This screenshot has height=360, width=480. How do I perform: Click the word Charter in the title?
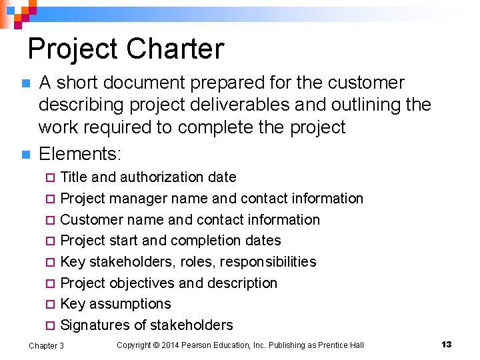tap(175, 49)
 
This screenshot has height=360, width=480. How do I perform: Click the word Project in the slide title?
tap(73, 49)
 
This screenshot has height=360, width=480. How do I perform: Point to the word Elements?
tap(80, 155)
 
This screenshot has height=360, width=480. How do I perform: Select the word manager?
tap(143, 199)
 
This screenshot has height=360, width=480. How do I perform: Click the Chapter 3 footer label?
tap(47, 345)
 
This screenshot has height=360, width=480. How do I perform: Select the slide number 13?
tap(446, 344)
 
